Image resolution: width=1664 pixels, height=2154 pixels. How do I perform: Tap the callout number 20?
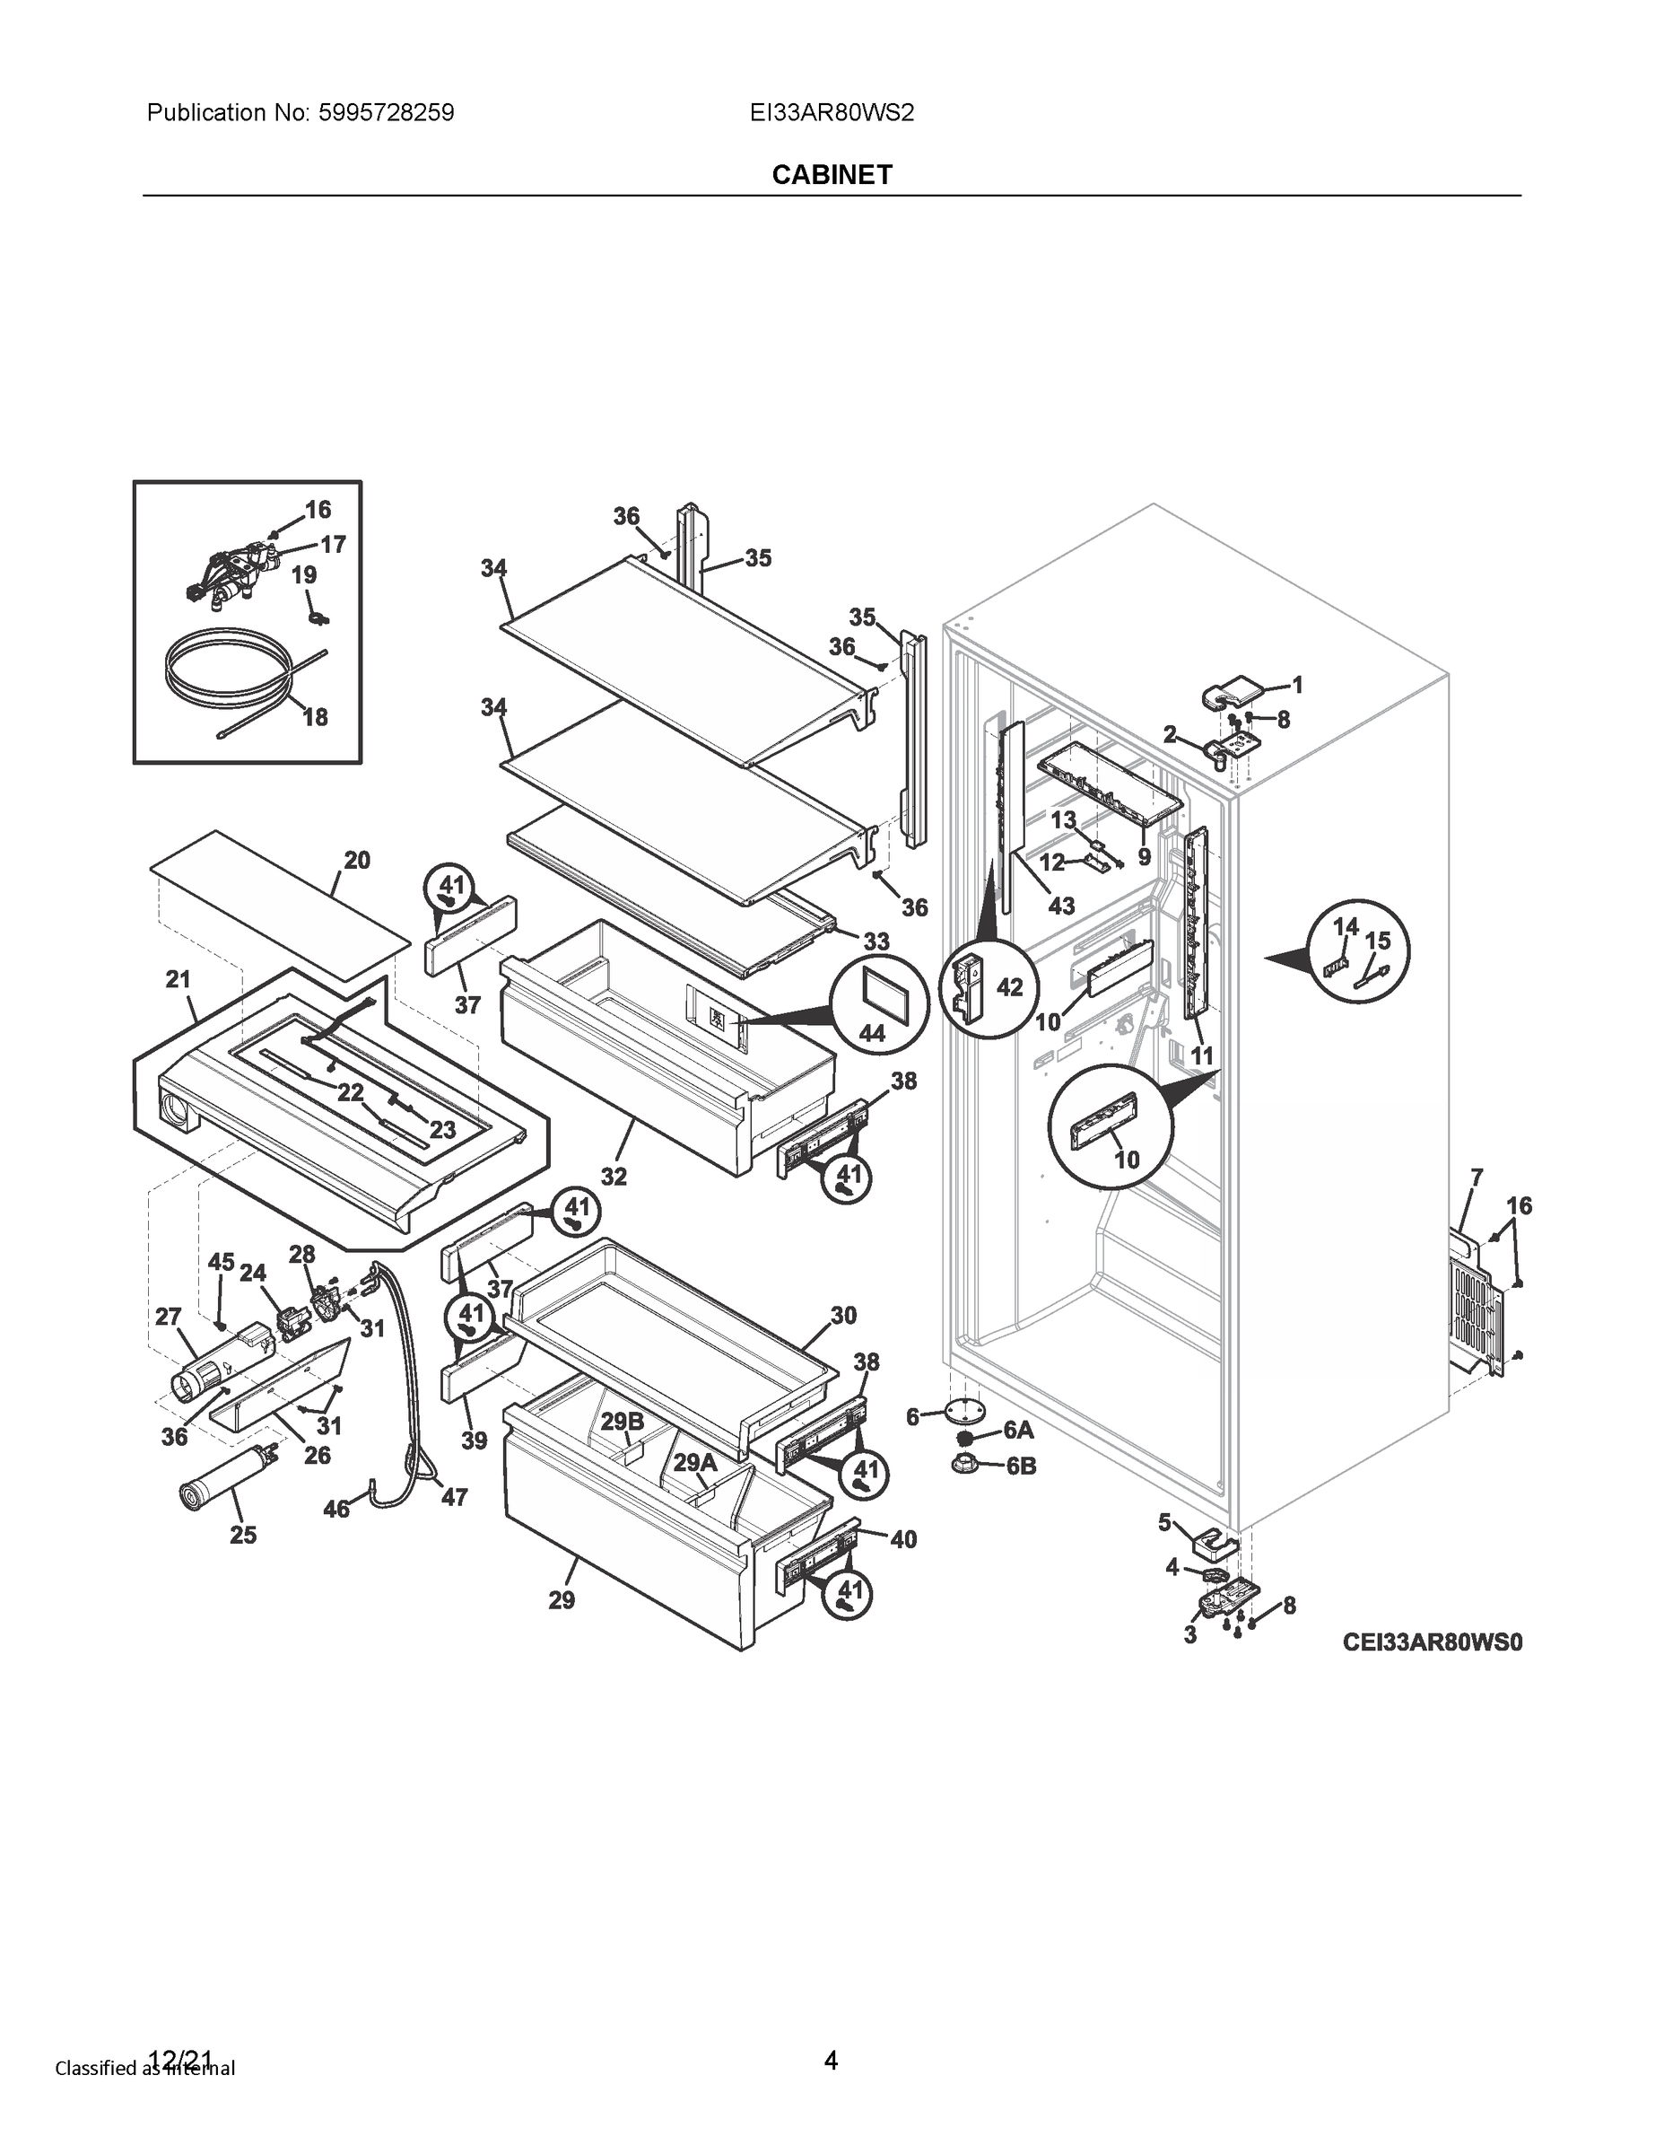(x=357, y=860)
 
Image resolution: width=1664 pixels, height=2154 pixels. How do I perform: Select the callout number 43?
(x=1060, y=906)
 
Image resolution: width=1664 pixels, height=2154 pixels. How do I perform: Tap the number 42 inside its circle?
(x=1009, y=986)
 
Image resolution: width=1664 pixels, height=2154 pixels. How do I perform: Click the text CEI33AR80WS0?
(x=1432, y=1642)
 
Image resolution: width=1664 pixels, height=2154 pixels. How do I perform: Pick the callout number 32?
(x=614, y=1177)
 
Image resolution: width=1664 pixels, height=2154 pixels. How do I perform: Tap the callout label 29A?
(x=695, y=1463)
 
